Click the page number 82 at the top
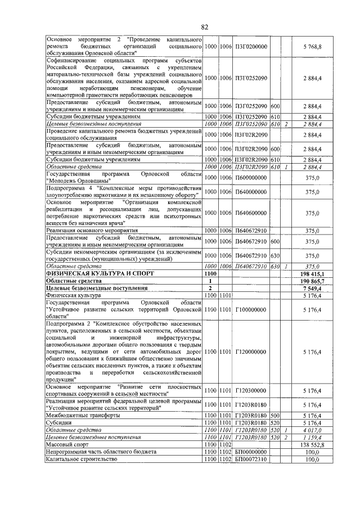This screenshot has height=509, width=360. (205, 27)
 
